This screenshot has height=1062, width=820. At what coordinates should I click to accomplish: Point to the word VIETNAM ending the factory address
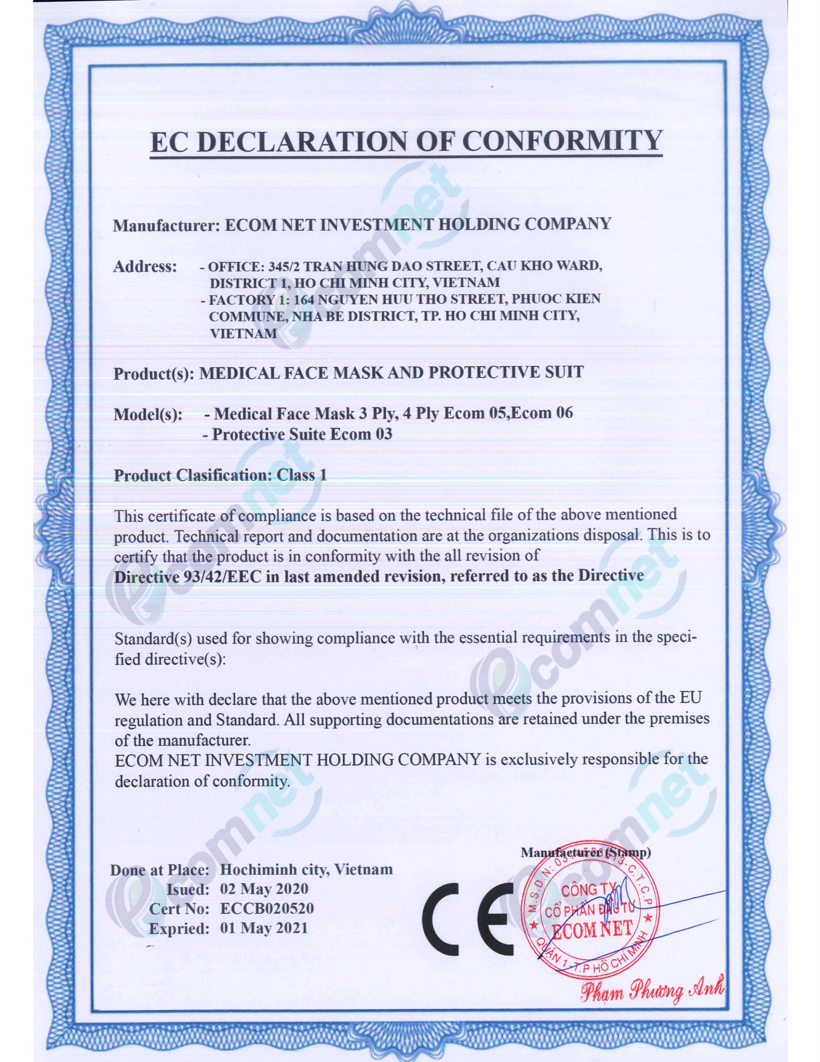(x=243, y=334)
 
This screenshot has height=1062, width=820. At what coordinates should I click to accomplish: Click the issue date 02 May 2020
(x=264, y=889)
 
